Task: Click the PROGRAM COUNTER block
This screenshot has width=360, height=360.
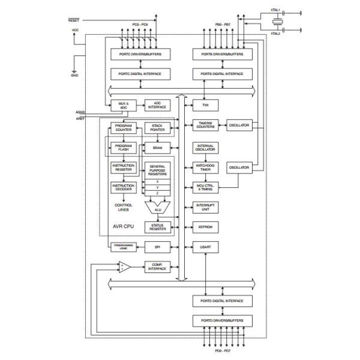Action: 124,128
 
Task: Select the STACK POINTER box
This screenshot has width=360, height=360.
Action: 157,128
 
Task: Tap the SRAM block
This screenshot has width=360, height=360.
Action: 157,148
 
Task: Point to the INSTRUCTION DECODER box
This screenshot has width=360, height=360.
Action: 124,188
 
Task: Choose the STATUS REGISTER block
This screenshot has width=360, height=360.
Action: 158,227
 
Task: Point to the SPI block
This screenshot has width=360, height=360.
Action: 157,247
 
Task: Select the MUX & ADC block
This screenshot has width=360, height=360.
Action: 124,105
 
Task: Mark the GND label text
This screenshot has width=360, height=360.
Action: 74,76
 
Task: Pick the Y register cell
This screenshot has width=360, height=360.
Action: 158,187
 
